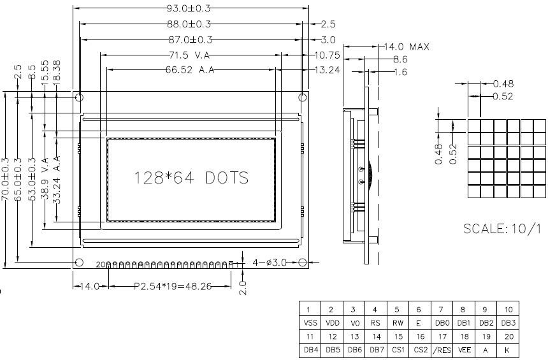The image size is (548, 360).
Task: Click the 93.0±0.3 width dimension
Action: pyautogui.click(x=189, y=8)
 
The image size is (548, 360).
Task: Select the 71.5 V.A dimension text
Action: pyautogui.click(x=189, y=55)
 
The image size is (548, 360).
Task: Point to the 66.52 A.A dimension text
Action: pyautogui.click(x=190, y=70)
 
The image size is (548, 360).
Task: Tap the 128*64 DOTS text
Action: pyautogui.click(x=192, y=178)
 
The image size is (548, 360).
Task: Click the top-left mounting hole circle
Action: pyautogui.click(x=80, y=97)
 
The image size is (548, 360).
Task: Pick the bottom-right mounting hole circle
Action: pyautogui.click(x=303, y=262)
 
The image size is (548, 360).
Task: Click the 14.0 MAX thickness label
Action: pyautogui.click(x=407, y=47)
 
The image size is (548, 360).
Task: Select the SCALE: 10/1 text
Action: pyautogui.click(x=502, y=229)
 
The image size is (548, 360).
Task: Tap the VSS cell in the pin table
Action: pyautogui.click(x=310, y=323)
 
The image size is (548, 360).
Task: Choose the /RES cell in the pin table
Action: pyautogui.click(x=442, y=350)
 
